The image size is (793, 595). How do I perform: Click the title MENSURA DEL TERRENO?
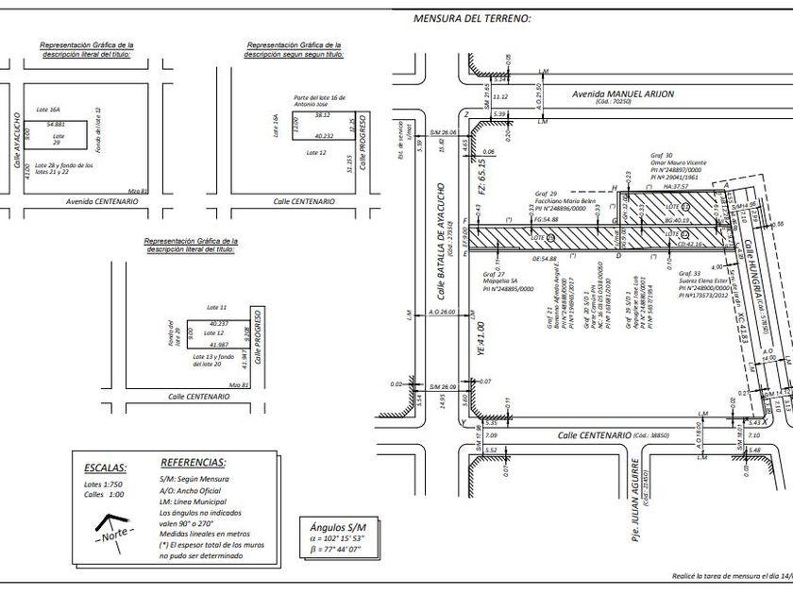[x=472, y=18]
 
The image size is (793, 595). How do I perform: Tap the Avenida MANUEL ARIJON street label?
[x=618, y=95]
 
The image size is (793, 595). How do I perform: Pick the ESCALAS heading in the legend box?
[x=105, y=467]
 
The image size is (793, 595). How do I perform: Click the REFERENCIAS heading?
[x=194, y=463]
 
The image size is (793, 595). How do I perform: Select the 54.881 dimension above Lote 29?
[x=56, y=125]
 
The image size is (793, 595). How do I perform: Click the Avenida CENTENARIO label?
[x=101, y=201]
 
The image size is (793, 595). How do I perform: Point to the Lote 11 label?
[x=216, y=308]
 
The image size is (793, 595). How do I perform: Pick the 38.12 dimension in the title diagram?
[x=323, y=114]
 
